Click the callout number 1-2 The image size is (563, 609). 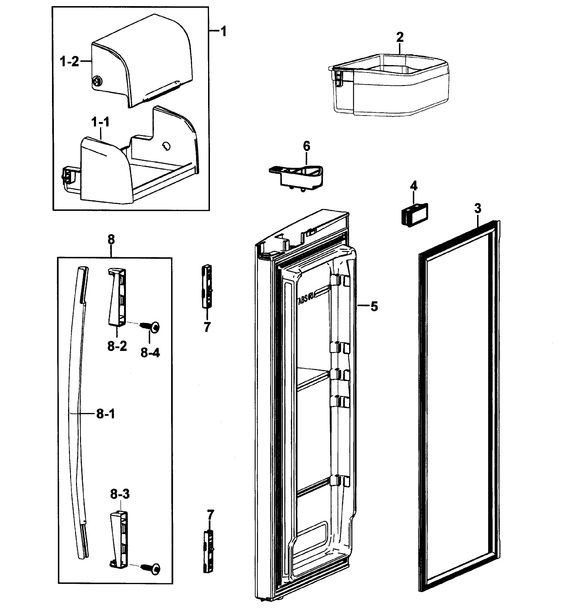(69, 62)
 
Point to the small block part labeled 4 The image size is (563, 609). (414, 215)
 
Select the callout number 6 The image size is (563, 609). (306, 146)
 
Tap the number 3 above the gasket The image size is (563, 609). (478, 209)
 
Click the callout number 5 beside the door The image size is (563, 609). (374, 307)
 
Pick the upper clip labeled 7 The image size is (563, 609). (207, 287)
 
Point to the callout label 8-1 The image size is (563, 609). (106, 414)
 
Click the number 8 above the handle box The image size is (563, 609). (111, 240)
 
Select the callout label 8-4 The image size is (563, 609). (150, 353)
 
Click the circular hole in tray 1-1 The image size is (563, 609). (167, 146)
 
